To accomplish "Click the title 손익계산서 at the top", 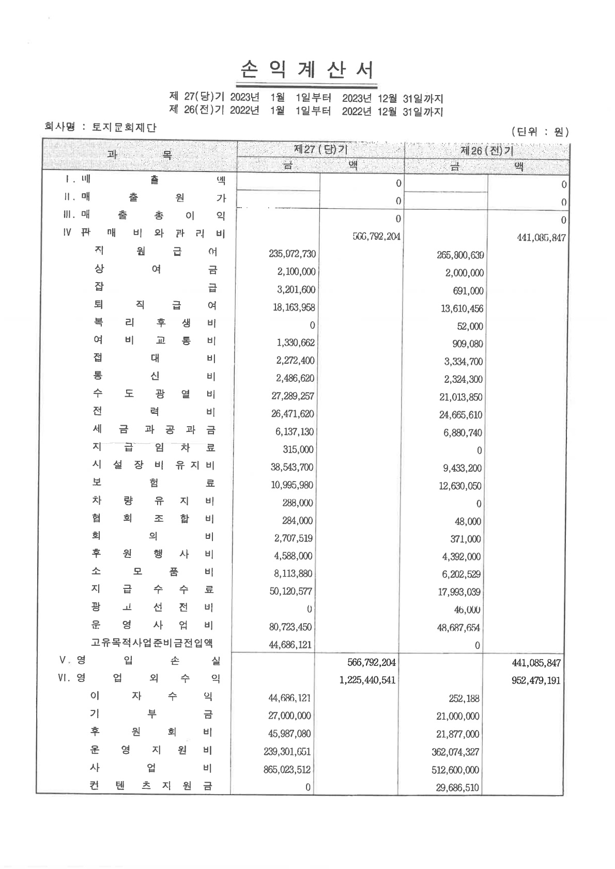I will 307,71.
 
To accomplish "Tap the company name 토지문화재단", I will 124,127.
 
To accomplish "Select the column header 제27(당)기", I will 320,150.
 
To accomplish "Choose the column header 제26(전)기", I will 486,151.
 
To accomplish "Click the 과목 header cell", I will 140,154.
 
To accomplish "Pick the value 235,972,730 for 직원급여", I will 293,254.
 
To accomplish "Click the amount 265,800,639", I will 460,255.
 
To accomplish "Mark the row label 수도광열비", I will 153,394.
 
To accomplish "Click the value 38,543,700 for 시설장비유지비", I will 292,467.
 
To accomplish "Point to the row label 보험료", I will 153,483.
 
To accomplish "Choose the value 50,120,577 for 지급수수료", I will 291,591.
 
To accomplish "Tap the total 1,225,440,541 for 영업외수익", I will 367,680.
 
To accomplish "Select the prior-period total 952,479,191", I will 536,680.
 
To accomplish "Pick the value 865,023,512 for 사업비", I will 287,770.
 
